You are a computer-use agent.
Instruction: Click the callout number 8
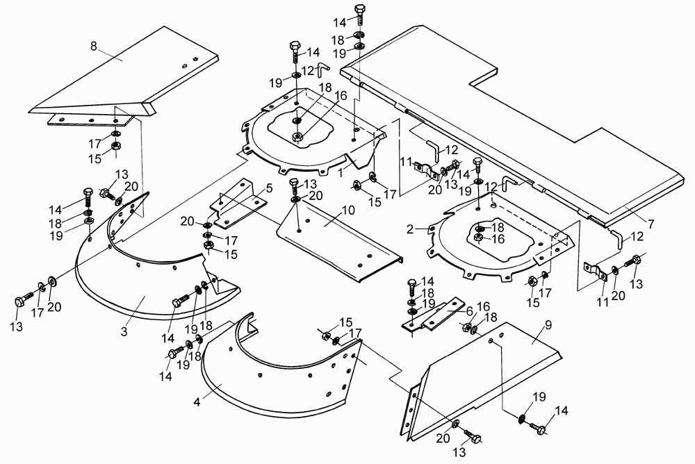coord(94,46)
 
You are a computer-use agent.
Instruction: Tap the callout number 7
coord(651,224)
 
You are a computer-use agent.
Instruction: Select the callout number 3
coord(124,331)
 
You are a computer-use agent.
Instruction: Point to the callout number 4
coord(197,402)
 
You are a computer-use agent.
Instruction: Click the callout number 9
coord(548,325)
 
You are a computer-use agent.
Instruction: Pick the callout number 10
coord(348,210)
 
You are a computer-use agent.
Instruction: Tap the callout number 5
coord(269,189)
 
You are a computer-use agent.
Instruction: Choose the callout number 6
coord(469,309)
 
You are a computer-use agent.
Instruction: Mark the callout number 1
coord(341,173)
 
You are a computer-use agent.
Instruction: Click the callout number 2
coord(410,229)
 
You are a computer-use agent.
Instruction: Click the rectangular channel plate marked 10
coord(337,240)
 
